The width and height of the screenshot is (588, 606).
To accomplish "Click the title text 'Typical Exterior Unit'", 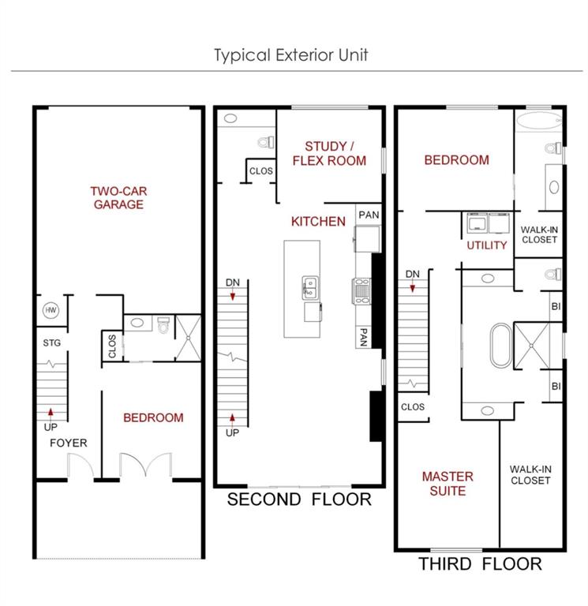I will [x=291, y=55].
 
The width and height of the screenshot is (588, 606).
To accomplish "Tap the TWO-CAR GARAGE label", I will [x=117, y=198].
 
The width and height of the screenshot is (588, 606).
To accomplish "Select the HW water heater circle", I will [x=51, y=311].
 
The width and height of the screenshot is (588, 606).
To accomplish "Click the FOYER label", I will [x=69, y=443].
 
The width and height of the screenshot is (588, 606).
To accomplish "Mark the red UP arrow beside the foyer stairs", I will [x=51, y=412].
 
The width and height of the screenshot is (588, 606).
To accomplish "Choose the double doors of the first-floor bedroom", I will [x=144, y=466].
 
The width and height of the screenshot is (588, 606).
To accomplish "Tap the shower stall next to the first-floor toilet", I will [x=188, y=337].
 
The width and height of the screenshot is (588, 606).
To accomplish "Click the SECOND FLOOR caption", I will [x=299, y=499].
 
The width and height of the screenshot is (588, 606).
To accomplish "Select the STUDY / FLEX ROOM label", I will [x=329, y=153].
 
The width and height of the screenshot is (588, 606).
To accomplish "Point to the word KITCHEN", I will [x=318, y=222].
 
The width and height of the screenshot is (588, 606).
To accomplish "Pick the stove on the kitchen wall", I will [x=361, y=290].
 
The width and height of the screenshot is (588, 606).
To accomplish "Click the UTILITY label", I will [x=487, y=245].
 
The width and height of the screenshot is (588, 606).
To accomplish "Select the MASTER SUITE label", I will [x=448, y=484].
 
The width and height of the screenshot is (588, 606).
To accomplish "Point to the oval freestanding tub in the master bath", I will [x=500, y=346].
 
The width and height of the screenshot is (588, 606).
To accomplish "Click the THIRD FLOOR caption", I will [x=480, y=564].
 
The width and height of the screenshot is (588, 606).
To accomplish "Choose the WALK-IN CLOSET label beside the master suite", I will [x=530, y=474].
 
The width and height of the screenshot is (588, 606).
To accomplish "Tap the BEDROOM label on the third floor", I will [x=456, y=160].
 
